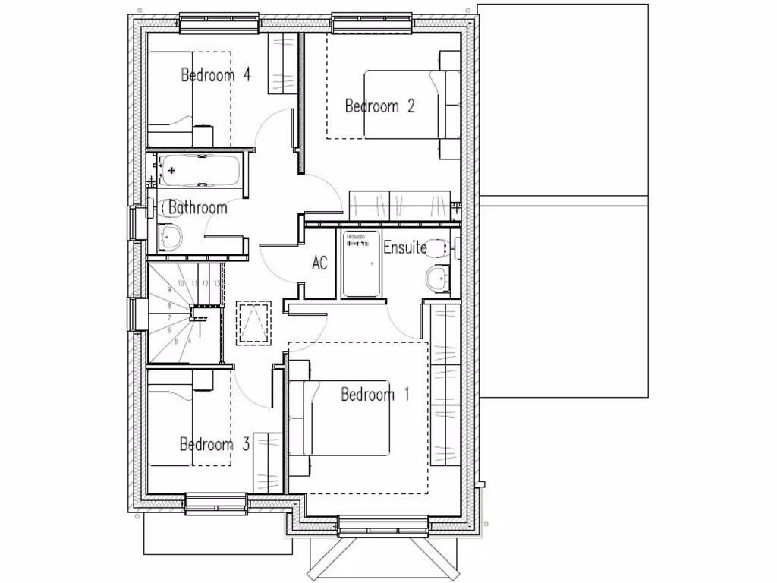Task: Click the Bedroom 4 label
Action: (215, 75)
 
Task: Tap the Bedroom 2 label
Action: (379, 106)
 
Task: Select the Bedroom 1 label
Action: (375, 395)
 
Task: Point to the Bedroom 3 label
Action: (214, 444)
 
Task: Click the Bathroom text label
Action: (197, 207)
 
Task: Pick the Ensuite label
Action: (404, 247)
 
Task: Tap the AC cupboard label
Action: (319, 263)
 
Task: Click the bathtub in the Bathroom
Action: (198, 171)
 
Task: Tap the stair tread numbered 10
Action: (181, 283)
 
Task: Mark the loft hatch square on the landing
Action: (253, 323)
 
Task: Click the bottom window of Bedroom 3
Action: (216, 503)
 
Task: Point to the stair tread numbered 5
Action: (176, 342)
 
